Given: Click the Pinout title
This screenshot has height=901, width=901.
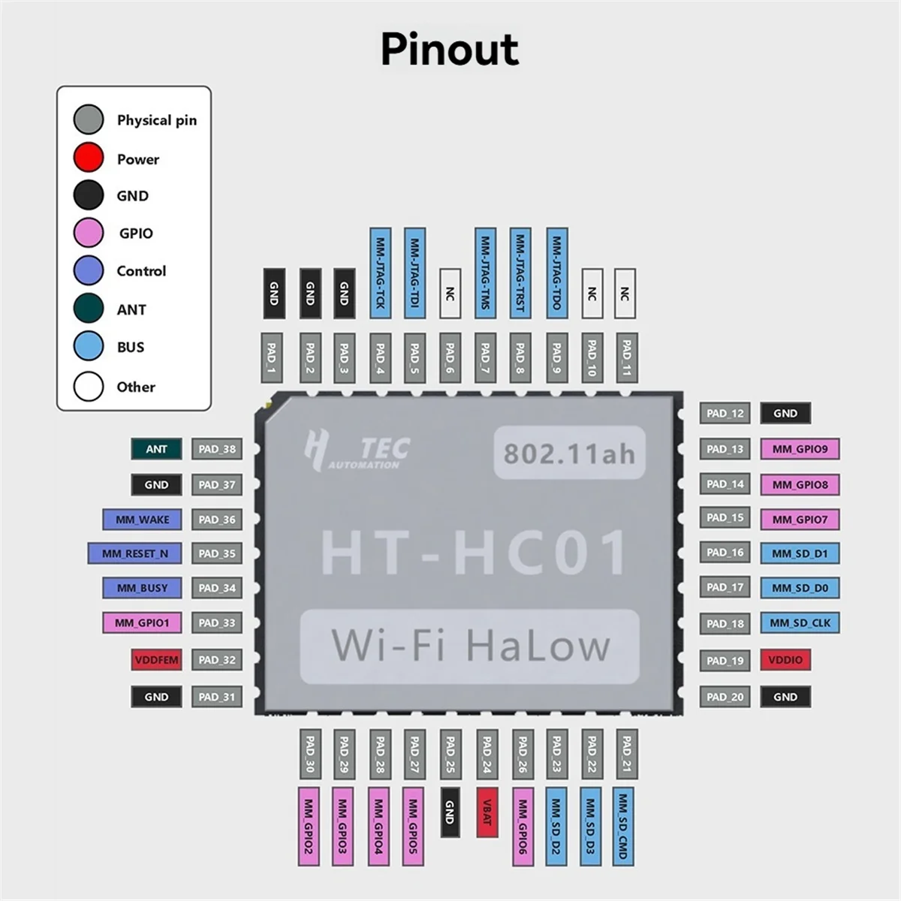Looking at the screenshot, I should [449, 50].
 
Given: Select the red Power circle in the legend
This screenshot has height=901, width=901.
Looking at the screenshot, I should [89, 158].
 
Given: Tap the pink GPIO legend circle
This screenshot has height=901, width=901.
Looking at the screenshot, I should [89, 233].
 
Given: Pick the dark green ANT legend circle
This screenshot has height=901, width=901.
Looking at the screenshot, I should [89, 309].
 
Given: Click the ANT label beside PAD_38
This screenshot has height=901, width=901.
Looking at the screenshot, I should [156, 449].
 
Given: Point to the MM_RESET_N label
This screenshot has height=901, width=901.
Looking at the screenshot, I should [135, 553].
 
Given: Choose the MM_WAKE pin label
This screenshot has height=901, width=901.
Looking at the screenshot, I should [142, 520].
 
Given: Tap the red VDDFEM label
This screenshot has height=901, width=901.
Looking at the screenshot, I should [156, 660].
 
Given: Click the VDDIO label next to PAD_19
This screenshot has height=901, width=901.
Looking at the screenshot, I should [785, 660].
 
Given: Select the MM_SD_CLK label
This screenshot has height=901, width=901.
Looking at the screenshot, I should [800, 622].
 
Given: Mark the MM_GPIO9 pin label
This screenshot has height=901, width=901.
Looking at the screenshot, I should [800, 449].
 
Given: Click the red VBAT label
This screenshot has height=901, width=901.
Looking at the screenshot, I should [486, 812].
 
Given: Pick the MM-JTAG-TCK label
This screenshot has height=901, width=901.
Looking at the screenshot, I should [380, 273].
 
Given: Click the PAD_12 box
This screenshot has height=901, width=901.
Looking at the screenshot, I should [725, 413].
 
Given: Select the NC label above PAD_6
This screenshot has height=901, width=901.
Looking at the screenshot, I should [450, 294].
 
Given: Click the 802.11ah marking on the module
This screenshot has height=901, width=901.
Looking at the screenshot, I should [568, 454].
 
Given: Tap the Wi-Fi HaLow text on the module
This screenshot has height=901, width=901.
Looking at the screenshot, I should [470, 646].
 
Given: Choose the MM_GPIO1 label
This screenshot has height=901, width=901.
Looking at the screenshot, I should [142, 622].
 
